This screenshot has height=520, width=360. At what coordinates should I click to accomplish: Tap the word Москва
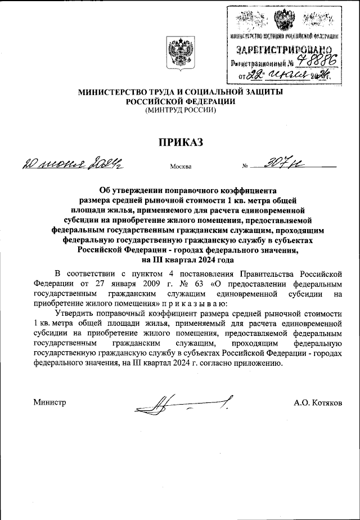[180, 167]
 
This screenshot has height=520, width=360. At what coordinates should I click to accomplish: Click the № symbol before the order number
[245, 167]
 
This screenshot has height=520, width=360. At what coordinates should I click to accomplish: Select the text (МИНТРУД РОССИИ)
[180, 111]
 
